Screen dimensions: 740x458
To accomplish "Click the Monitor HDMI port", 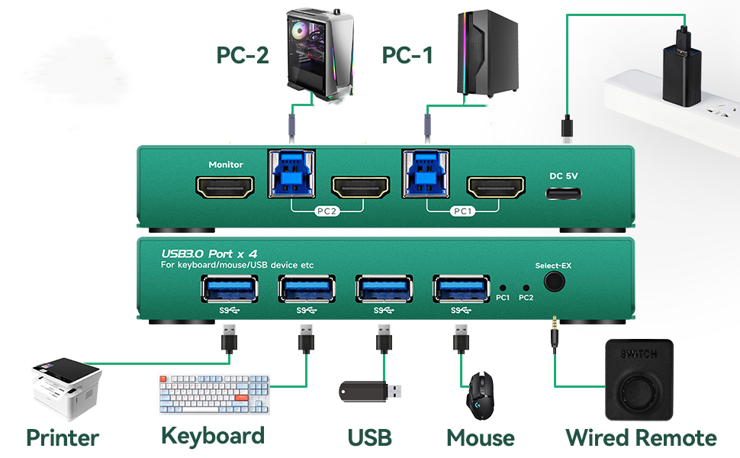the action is click(225, 188).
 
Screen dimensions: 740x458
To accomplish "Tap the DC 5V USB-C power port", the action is click(564, 194).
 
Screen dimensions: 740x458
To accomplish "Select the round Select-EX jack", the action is click(554, 282).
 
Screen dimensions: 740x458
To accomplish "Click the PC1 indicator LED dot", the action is click(503, 288).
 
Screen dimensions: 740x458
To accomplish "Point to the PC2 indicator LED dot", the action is click(526, 288).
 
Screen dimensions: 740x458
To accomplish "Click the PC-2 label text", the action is click(243, 55).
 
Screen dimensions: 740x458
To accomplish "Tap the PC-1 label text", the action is click(407, 55).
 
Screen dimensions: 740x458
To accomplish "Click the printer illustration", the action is click(66, 388).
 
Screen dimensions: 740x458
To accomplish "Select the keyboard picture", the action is click(214, 394).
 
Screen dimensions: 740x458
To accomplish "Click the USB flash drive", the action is click(370, 391).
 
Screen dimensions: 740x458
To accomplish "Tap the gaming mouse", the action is click(481, 395).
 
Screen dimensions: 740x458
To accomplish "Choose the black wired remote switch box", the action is click(639, 379).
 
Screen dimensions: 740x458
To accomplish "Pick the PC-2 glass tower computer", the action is click(320, 54).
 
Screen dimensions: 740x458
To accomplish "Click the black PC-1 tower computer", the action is click(487, 53).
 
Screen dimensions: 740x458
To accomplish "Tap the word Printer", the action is click(63, 437).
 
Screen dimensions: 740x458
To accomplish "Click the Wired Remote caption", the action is click(641, 437).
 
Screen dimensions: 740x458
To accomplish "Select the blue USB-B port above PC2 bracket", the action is click(291, 173).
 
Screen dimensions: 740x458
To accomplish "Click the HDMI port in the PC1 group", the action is click(496, 188).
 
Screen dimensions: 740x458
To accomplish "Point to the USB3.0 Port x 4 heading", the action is click(209, 254).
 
